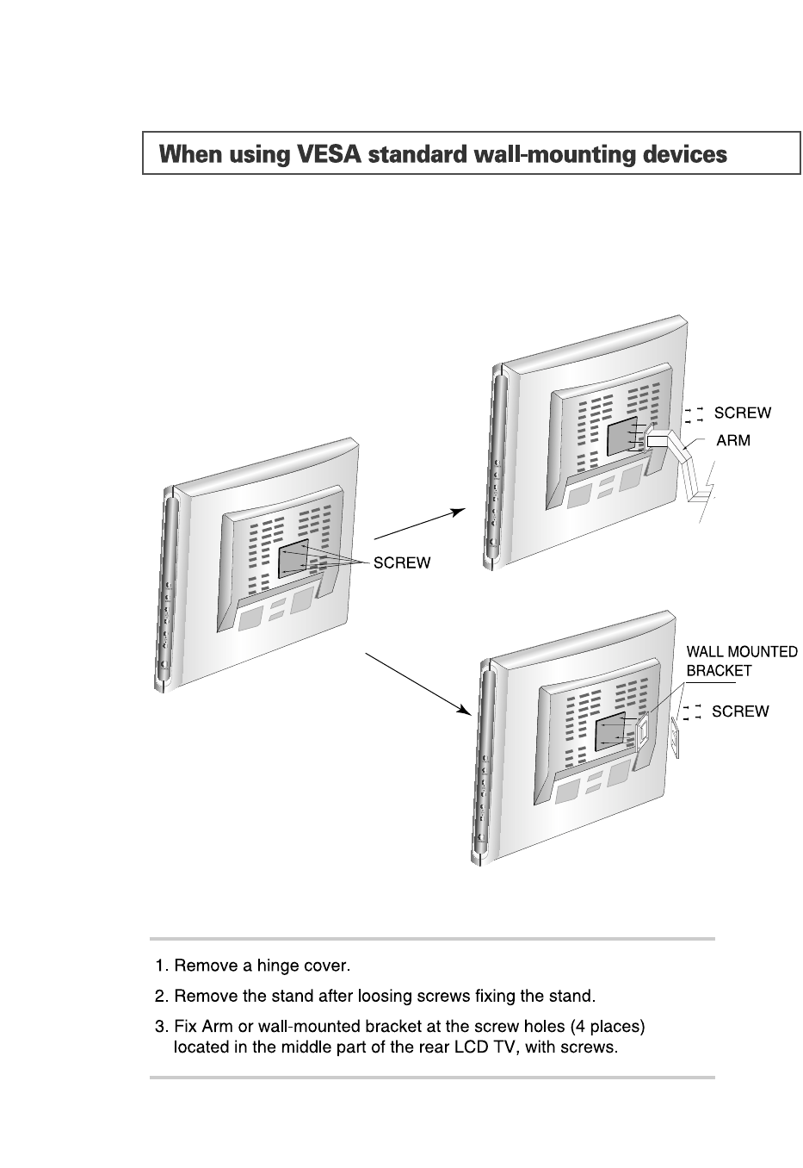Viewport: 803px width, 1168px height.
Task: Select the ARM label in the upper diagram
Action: click(x=733, y=440)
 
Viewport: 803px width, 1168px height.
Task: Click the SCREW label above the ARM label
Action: click(x=743, y=413)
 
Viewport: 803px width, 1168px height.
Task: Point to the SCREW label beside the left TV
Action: click(x=401, y=563)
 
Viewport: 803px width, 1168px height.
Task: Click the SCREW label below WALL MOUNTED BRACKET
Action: click(x=740, y=711)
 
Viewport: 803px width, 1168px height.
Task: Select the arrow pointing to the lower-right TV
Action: click(x=418, y=684)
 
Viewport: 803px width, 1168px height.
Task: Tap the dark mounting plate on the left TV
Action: click(x=293, y=559)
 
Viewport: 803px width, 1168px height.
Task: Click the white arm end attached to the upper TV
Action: click(x=657, y=440)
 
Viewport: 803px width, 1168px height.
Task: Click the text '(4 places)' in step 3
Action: click(x=608, y=1027)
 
